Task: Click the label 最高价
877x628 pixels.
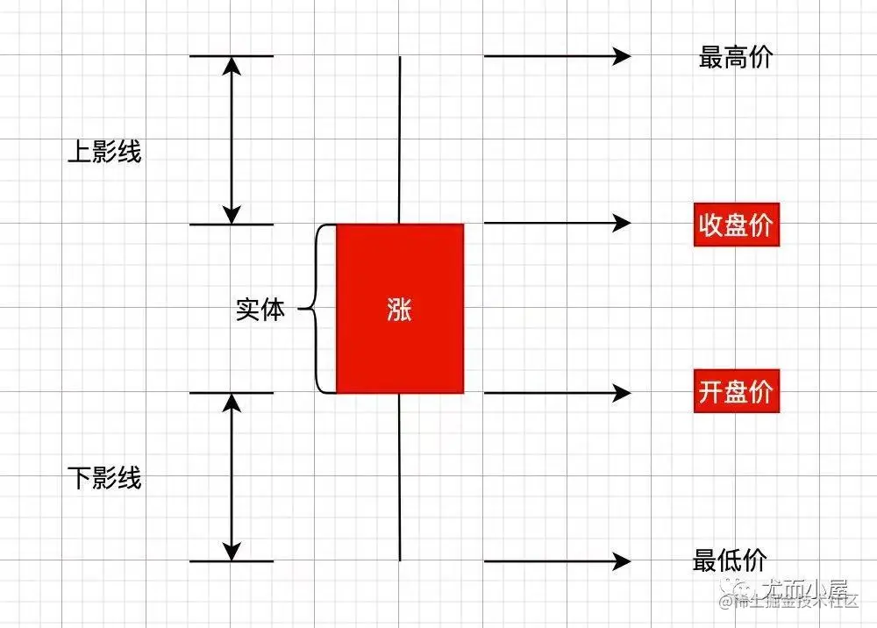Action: click(736, 58)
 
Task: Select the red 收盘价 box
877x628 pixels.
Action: click(736, 225)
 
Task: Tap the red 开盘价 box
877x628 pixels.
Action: click(736, 391)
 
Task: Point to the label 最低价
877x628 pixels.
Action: click(730, 560)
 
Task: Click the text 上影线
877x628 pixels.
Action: click(104, 153)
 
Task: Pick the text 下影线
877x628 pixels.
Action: click(104, 479)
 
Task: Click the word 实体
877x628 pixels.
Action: click(260, 310)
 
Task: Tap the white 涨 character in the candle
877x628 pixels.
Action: click(399, 310)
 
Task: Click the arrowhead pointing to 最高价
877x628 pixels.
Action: click(623, 56)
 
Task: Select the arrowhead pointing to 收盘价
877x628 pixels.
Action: click(623, 223)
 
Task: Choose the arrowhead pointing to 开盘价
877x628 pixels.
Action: click(623, 392)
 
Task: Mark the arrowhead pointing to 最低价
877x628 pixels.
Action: click(623, 560)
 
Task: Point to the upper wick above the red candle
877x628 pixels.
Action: click(400, 140)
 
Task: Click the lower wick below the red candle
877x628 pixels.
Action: click(400, 478)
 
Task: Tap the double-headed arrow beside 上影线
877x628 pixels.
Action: click(232, 140)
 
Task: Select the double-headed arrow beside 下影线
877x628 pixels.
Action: click(232, 477)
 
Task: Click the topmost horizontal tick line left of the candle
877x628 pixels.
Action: click(232, 56)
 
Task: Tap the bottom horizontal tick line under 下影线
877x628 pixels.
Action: click(232, 561)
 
